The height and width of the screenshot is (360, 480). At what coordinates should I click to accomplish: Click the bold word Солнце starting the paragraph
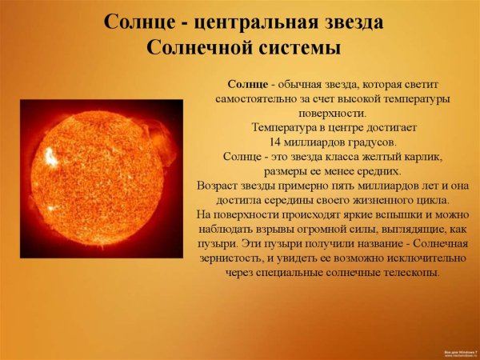(246, 84)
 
